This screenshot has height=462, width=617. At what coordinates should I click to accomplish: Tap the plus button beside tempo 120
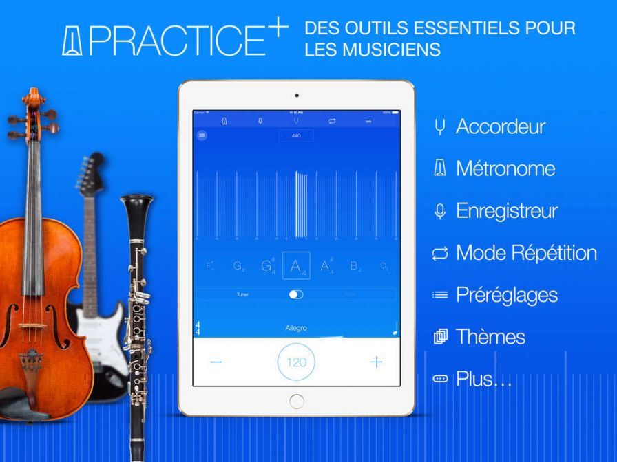click(376, 362)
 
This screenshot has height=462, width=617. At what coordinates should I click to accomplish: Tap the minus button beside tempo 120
click(216, 362)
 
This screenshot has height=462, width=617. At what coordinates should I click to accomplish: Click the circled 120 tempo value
click(296, 362)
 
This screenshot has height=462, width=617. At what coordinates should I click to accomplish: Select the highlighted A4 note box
click(296, 266)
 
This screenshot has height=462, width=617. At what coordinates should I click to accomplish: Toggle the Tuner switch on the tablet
click(296, 294)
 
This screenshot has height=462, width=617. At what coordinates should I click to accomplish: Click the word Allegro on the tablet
click(296, 328)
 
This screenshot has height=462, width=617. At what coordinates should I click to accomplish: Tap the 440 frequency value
click(296, 136)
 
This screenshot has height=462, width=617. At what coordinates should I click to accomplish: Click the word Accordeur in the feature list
click(501, 126)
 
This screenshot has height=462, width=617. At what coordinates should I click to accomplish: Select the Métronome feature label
click(505, 168)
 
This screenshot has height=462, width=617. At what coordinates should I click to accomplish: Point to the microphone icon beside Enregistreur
click(439, 211)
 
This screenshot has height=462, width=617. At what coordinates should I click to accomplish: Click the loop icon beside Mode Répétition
click(439, 253)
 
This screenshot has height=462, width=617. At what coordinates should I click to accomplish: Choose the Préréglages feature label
click(507, 295)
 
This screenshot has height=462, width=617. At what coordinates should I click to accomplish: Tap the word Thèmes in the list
click(490, 337)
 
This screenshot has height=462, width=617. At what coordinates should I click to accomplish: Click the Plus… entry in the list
click(483, 379)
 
